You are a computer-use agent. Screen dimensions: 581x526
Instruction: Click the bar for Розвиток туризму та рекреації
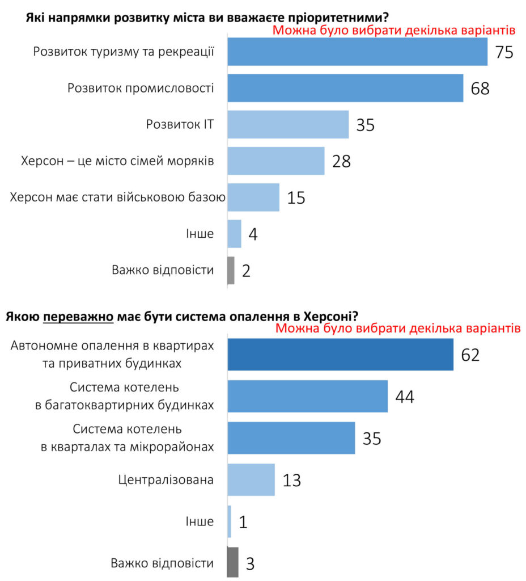tap(357, 52)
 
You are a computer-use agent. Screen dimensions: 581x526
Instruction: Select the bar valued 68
tap(345, 88)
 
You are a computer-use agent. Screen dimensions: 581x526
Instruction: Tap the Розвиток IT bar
tap(288, 124)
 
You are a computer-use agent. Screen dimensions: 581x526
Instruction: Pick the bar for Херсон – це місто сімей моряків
tap(276, 161)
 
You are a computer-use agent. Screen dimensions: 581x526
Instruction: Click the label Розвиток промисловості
tap(141, 88)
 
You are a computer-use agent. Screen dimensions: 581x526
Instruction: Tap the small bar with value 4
tap(234, 233)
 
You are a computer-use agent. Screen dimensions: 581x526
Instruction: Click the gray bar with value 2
tap(231, 270)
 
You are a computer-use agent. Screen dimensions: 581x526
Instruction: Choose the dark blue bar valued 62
tap(340, 355)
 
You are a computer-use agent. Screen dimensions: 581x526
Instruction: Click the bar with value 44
tap(307, 396)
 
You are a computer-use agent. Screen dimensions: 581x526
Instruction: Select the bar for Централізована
tap(251, 479)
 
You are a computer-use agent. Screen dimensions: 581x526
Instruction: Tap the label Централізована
tap(166, 479)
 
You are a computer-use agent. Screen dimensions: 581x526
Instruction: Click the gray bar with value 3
tap(232, 562)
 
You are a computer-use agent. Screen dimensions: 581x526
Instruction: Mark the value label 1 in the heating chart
tap(243, 521)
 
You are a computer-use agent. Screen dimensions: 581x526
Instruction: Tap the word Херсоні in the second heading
tap(328, 315)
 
